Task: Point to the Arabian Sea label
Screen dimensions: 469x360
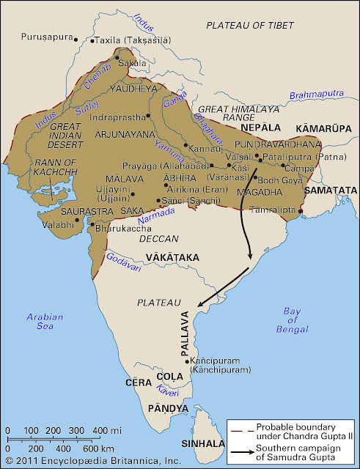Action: [x=45, y=321]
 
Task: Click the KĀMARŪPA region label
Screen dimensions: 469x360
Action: [x=322, y=129]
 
